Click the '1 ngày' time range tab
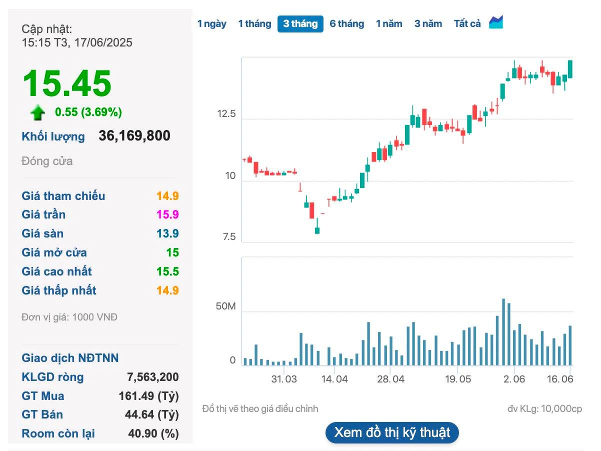(x=212, y=23)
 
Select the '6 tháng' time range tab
(x=346, y=23)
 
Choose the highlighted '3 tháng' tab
(x=300, y=23)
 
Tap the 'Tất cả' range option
(x=467, y=23)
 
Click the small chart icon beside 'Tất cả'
(x=496, y=22)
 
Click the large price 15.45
(x=67, y=83)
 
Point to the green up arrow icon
(x=37, y=112)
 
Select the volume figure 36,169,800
(x=134, y=136)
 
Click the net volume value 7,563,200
(x=153, y=377)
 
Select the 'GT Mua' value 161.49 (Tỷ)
(x=148, y=396)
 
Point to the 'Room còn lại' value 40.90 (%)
(x=153, y=433)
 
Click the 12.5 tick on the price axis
(x=226, y=114)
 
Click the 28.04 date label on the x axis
(x=390, y=379)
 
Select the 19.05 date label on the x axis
(x=457, y=379)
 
